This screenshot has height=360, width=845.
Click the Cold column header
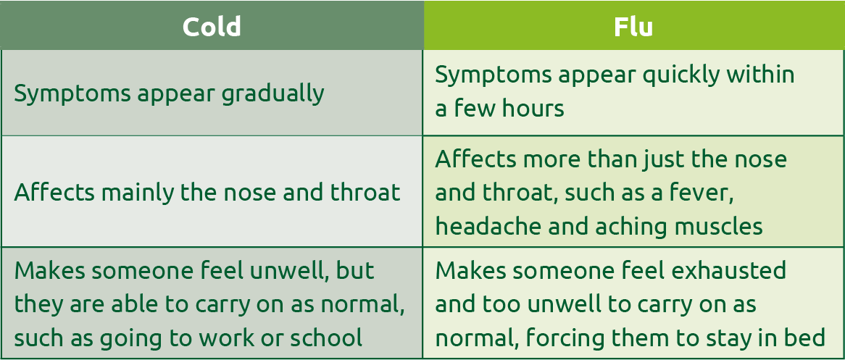tap(212, 26)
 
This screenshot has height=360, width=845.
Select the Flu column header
tap(633, 26)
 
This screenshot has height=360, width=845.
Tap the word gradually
tap(272, 94)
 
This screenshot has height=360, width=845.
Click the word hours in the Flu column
tap(533, 109)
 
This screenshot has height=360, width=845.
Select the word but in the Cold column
tap(355, 270)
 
